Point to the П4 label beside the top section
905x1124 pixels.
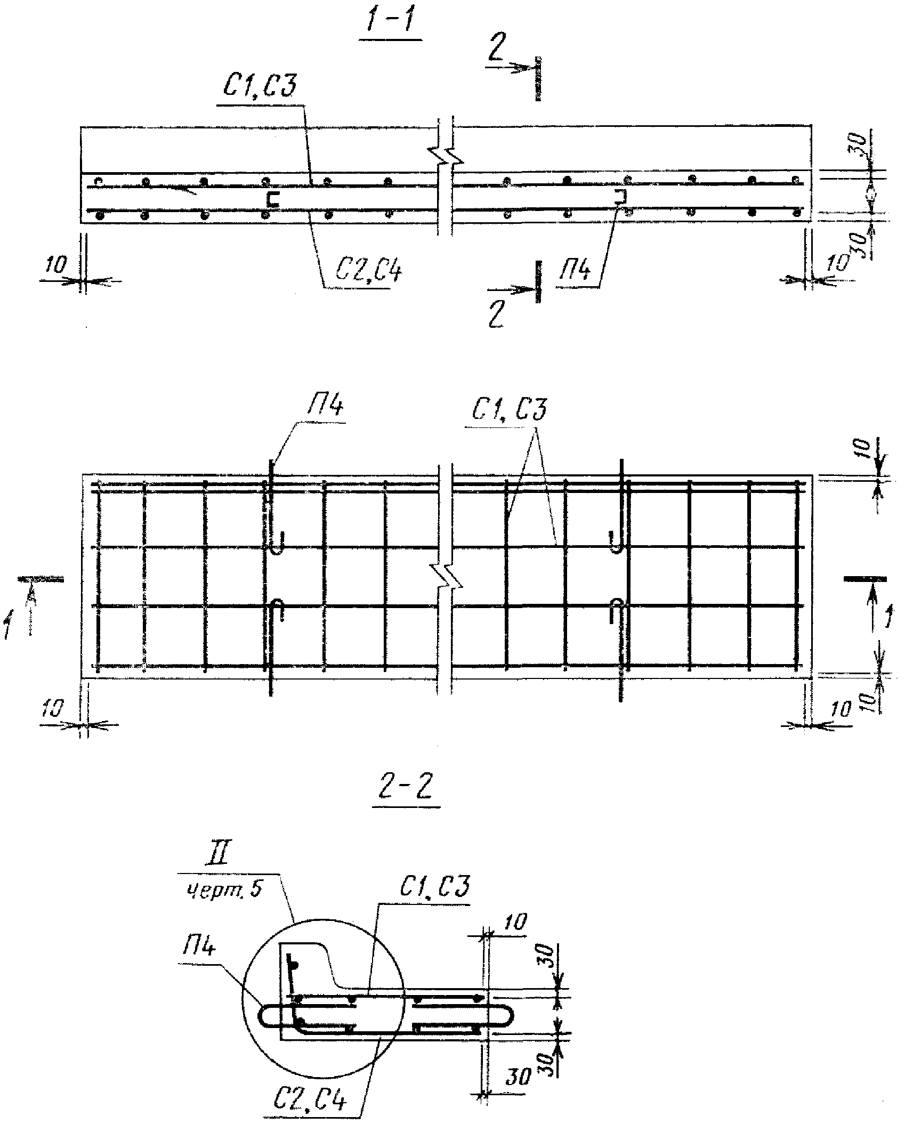pyautogui.click(x=574, y=271)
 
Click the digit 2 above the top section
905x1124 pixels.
pyautogui.click(x=495, y=52)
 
